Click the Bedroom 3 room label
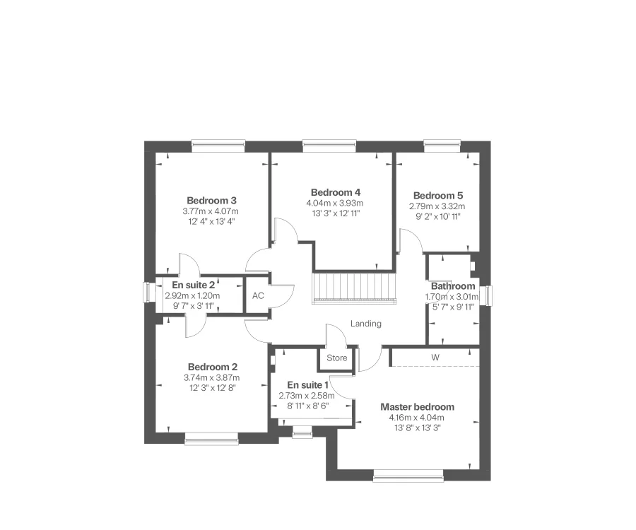tap(212, 200)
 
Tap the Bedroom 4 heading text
tap(336, 192)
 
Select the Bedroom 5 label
tap(437, 196)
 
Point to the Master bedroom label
tap(417, 407)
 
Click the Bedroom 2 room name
tap(213, 367)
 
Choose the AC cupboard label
tap(258, 295)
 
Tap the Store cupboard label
tap(337, 358)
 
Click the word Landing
tap(366, 324)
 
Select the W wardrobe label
tap(435, 358)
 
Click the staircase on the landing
tap(354, 288)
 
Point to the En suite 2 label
tap(193, 285)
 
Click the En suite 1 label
tap(303, 385)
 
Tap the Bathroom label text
tap(453, 286)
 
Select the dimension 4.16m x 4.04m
tap(417, 418)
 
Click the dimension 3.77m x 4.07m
tap(212, 211)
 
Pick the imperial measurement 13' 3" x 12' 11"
tap(336, 213)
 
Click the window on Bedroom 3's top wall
tap(218, 146)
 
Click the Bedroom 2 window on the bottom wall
tap(211, 440)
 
